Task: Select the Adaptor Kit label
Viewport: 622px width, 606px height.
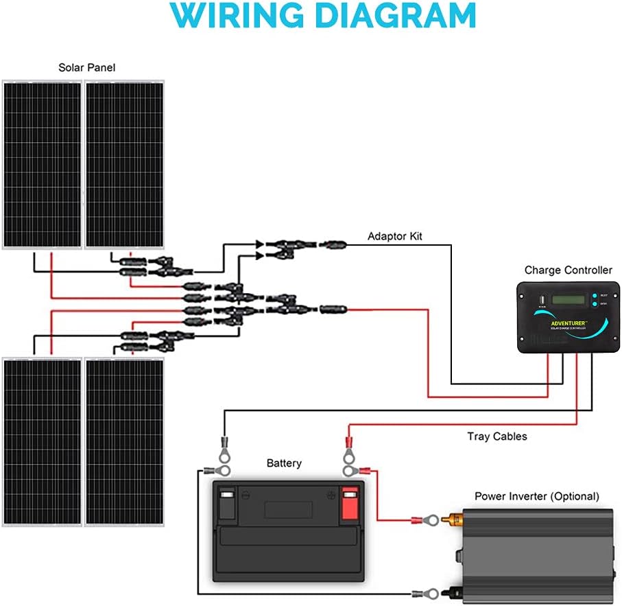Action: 395,236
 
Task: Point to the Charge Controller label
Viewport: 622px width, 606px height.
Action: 569,270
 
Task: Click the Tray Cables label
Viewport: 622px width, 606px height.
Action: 497,436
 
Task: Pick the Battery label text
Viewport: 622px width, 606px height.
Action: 284,463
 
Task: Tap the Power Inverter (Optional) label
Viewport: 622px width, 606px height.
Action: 537,496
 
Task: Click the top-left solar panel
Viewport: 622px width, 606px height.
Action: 41,165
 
